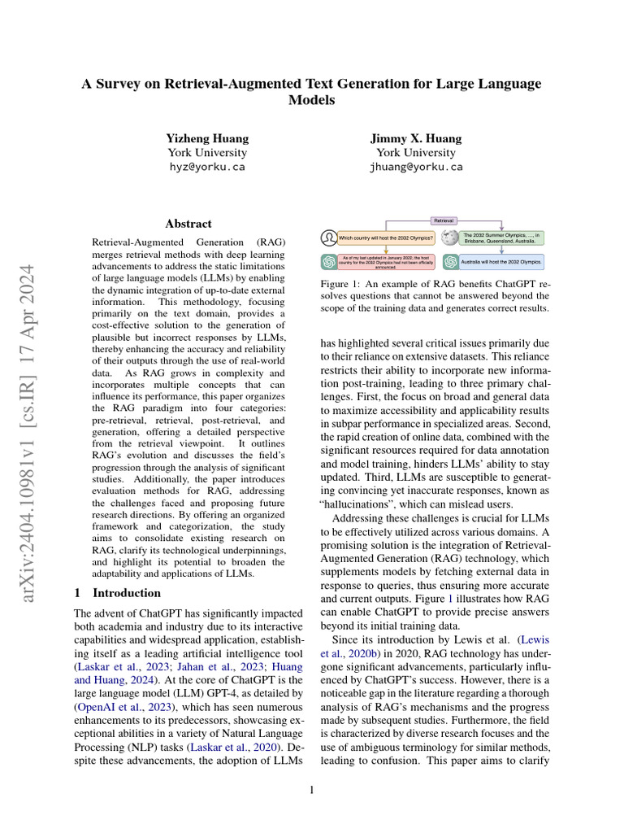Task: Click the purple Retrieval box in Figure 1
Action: click(444, 220)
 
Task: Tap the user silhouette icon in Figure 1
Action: click(329, 238)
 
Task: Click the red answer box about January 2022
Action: click(387, 262)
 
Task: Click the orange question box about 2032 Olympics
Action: click(387, 238)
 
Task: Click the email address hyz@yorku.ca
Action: click(206, 167)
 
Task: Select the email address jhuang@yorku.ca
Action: click(416, 167)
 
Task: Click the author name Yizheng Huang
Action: click(207, 138)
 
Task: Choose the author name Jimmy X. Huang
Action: click(416, 138)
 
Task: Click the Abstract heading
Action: click(188, 224)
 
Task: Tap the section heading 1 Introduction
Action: click(117, 593)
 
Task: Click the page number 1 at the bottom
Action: click(312, 789)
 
